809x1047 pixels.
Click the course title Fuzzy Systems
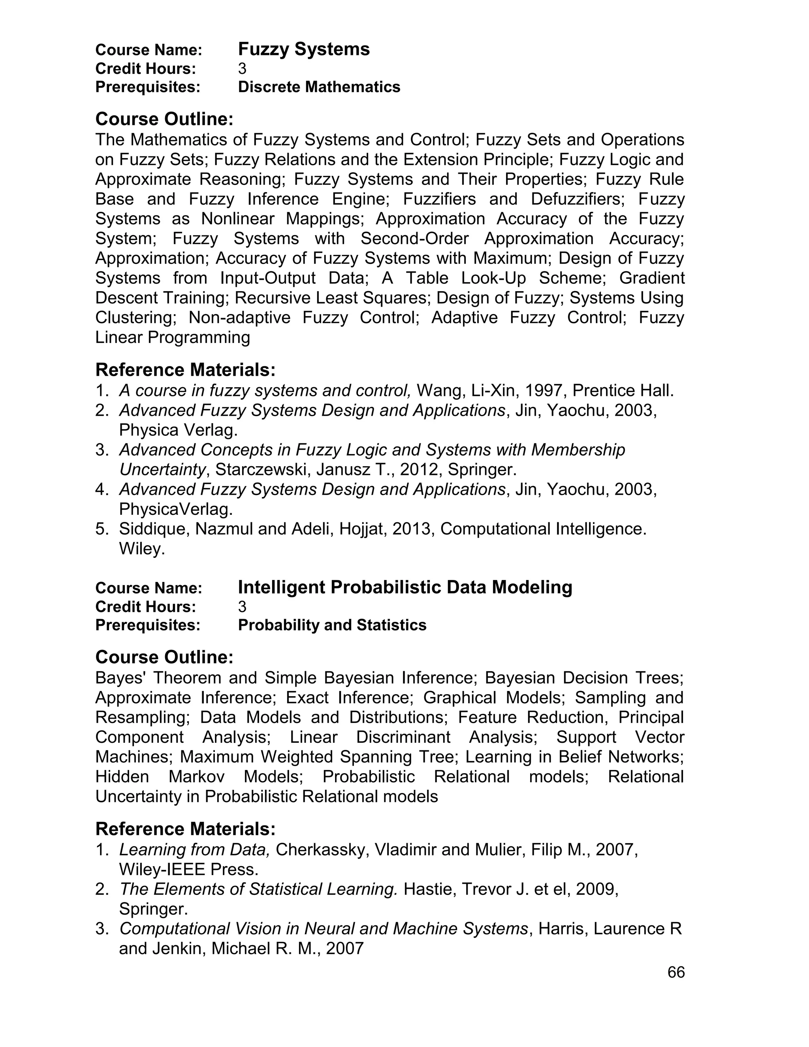[x=304, y=49]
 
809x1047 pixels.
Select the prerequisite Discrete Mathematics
[x=319, y=87]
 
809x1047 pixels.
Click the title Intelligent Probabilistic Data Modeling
[x=405, y=587]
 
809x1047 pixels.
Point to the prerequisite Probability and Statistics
[x=332, y=625]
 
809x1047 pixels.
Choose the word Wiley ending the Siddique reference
[x=142, y=548]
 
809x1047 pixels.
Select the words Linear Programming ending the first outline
[x=173, y=337]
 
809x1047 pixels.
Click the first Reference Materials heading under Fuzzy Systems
[x=186, y=370]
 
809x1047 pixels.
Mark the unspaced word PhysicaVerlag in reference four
[x=176, y=509]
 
